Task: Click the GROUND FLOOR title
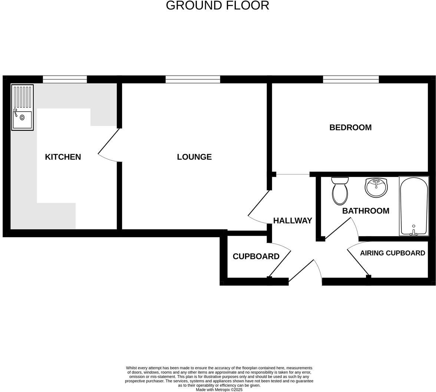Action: point(217,6)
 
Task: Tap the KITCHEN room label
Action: point(63,157)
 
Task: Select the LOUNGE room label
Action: point(194,157)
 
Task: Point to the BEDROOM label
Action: point(350,127)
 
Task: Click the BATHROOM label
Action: point(366,211)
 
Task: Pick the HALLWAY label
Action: point(293,220)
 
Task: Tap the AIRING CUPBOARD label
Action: point(392,253)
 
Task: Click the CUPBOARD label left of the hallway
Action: point(256,257)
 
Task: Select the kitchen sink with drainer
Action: point(22,108)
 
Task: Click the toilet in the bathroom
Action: point(340,191)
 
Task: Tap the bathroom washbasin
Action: point(376,187)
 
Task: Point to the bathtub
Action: point(414,206)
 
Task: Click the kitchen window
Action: point(65,79)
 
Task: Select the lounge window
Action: point(193,79)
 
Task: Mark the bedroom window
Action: point(351,79)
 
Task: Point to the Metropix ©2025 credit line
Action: point(219,390)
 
